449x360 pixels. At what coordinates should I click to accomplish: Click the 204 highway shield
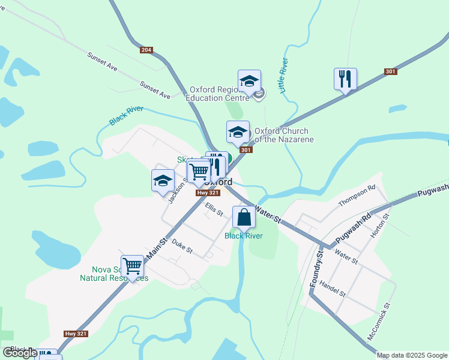tap(146, 50)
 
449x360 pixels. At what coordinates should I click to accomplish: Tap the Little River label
tap(284, 76)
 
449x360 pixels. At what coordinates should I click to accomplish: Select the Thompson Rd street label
tap(357, 196)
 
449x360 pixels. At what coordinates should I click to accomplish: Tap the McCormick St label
tap(379, 323)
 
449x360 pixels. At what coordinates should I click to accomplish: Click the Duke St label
tap(181, 245)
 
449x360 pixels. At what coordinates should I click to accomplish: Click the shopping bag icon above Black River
tap(244, 217)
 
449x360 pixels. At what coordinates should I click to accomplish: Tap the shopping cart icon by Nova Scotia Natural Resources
tap(132, 265)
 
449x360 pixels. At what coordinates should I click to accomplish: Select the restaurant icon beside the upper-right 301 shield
tap(345, 79)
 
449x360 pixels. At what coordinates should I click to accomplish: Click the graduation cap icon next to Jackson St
tap(163, 181)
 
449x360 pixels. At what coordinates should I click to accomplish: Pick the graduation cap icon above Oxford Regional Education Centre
tap(249, 80)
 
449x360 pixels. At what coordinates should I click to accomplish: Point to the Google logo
tap(20, 353)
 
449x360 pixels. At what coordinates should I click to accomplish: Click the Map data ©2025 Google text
tap(412, 355)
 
